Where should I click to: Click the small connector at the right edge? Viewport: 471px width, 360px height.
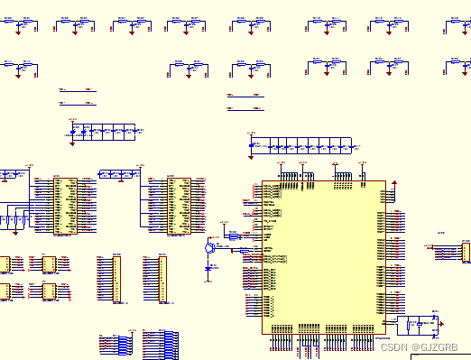[x=466, y=251]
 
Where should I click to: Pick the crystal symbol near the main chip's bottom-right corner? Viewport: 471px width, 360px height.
[x=420, y=322]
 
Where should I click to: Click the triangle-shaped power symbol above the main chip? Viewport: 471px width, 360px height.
[x=335, y=165]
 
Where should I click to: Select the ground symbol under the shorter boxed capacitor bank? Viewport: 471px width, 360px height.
[x=71, y=142]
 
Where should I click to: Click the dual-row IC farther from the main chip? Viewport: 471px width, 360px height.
[x=64, y=206]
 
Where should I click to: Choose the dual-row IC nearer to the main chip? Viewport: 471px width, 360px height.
[x=177, y=206]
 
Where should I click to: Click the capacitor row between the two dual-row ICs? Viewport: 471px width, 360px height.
[x=118, y=173]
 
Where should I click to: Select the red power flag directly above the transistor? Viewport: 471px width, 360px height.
[x=222, y=223]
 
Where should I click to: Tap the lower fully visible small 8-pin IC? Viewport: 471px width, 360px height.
[x=49, y=291]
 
